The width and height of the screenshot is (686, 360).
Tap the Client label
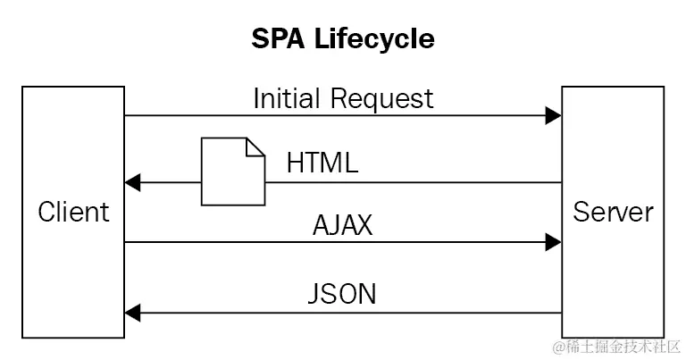(x=73, y=212)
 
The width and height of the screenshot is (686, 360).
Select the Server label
(x=613, y=212)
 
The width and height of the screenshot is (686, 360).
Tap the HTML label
(x=322, y=163)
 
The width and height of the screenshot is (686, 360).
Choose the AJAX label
(x=342, y=224)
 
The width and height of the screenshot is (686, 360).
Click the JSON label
(x=343, y=293)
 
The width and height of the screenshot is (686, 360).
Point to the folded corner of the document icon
(x=255, y=146)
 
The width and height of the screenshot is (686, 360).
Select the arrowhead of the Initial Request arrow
(x=554, y=115)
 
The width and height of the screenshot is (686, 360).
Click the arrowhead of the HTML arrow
(x=132, y=183)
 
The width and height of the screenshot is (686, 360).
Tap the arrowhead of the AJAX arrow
(x=554, y=241)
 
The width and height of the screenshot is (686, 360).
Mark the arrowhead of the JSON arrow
(x=132, y=312)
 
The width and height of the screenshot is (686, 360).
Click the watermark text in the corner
(x=616, y=346)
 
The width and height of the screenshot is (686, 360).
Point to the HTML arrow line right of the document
(x=411, y=183)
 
